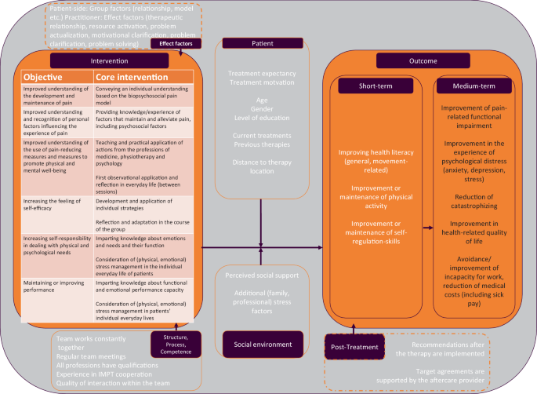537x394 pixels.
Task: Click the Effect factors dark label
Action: [x=175, y=44]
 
